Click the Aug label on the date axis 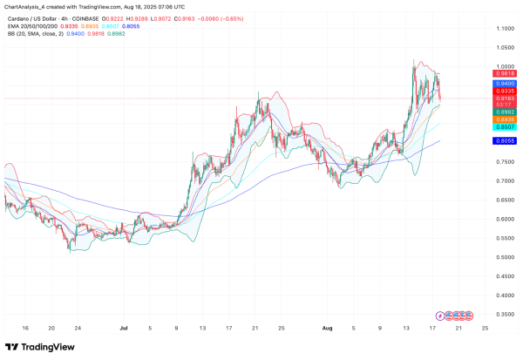329,330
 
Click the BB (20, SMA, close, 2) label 35,36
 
